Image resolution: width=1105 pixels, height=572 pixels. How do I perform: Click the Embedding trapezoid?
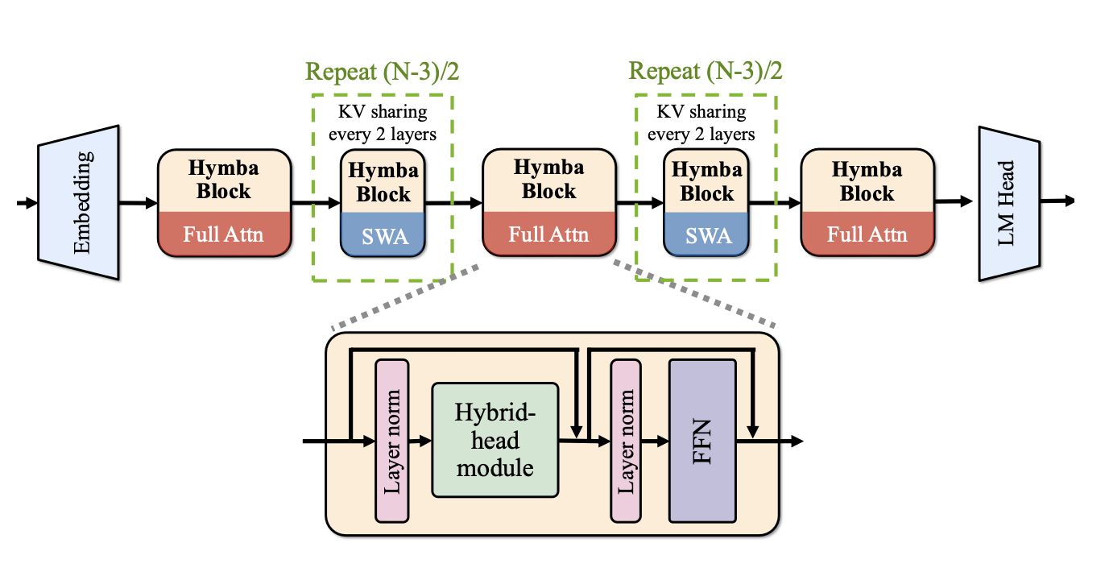[79, 202]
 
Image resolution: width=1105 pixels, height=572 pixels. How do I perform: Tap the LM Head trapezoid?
[1007, 202]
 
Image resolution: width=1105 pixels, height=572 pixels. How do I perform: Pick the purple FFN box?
[701, 441]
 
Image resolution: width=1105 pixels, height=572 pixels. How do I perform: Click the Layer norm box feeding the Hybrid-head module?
[392, 441]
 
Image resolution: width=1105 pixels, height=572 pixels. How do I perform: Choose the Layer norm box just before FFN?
[627, 441]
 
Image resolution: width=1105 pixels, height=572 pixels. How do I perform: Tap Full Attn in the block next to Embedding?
[223, 234]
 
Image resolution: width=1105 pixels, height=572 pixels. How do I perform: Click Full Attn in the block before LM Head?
[867, 234]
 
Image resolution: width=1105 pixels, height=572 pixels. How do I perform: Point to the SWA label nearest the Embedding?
[383, 236]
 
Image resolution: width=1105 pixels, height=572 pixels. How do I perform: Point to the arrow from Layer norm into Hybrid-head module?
[420, 441]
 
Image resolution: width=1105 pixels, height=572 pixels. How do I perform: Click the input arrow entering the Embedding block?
[27, 203]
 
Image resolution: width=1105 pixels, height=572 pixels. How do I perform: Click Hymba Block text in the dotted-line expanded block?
[548, 180]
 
